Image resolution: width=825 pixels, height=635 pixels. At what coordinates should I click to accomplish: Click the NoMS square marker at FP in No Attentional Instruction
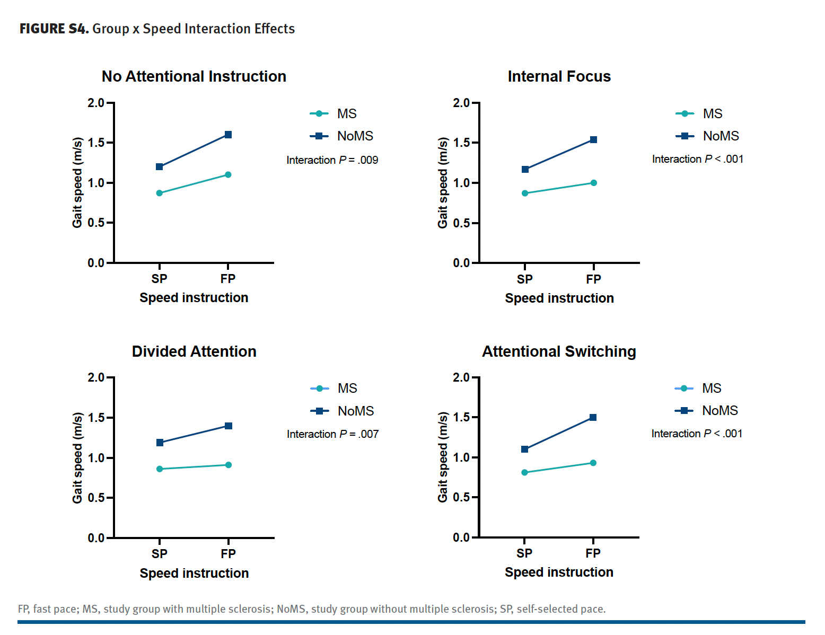point(228,135)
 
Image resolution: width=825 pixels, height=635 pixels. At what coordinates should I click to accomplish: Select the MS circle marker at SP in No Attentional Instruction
point(160,193)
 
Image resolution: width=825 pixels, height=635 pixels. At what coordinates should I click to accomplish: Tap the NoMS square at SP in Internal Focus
point(525,170)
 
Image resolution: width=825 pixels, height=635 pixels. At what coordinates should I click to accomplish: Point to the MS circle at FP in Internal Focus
point(593,183)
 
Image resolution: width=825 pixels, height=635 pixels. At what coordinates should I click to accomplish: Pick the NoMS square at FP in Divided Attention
point(229,426)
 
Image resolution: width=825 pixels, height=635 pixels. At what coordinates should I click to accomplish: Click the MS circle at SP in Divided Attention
point(160,469)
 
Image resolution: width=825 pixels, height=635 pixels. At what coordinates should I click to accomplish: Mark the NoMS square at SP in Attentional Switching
point(524,449)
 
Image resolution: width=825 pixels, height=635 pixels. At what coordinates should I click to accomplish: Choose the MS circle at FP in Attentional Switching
point(593,463)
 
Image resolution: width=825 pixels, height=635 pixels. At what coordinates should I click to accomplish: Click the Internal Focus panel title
point(559,77)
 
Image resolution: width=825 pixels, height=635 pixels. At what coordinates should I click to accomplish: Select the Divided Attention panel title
point(194,351)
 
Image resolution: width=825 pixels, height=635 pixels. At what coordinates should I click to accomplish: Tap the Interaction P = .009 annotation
point(332,160)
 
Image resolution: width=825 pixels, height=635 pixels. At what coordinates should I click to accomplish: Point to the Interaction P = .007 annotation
point(332,434)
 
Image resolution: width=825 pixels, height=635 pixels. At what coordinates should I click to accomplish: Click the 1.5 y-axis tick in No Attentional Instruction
point(96,143)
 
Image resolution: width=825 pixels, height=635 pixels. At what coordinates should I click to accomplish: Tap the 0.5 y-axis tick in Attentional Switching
point(461,497)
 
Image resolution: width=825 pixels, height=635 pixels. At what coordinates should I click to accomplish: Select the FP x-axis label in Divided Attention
point(229,554)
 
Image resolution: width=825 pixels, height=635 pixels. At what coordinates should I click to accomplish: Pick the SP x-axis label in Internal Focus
point(525,279)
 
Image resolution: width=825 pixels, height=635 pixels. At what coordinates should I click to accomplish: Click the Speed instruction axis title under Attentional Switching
point(559,572)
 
